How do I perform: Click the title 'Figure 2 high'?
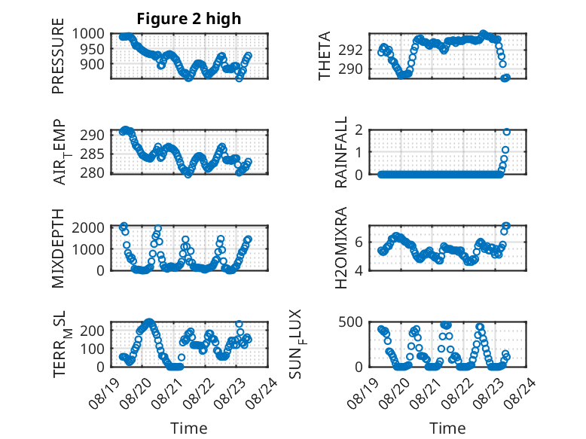pyautogui.click(x=189, y=19)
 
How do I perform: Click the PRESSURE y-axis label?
pyautogui.click(x=58, y=56)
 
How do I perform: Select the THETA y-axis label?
pyautogui.click(x=325, y=56)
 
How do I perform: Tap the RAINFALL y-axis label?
pyautogui.click(x=341, y=152)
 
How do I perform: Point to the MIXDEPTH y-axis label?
pyautogui.click(x=58, y=248)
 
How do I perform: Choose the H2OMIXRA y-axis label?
pyautogui.click(x=341, y=248)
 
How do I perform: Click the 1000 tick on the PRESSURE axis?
pyautogui.click(x=88, y=34)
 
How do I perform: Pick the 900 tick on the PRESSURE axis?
pyautogui.click(x=93, y=64)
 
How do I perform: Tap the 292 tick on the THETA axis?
pyautogui.click(x=351, y=50)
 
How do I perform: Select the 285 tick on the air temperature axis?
pyautogui.click(x=93, y=154)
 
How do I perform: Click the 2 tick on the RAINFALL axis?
pyautogui.click(x=359, y=130)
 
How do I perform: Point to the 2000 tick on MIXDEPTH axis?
pyautogui.click(x=88, y=227)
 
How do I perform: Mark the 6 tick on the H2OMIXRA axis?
pyautogui.click(x=359, y=242)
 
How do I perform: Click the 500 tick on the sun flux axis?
pyautogui.click(x=351, y=322)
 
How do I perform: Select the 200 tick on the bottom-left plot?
pyautogui.click(x=93, y=331)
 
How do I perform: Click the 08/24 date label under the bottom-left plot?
pyautogui.click(x=262, y=393)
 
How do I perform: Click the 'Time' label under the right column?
pyautogui.click(x=447, y=428)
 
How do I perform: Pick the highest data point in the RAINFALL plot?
pyautogui.click(x=507, y=132)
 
